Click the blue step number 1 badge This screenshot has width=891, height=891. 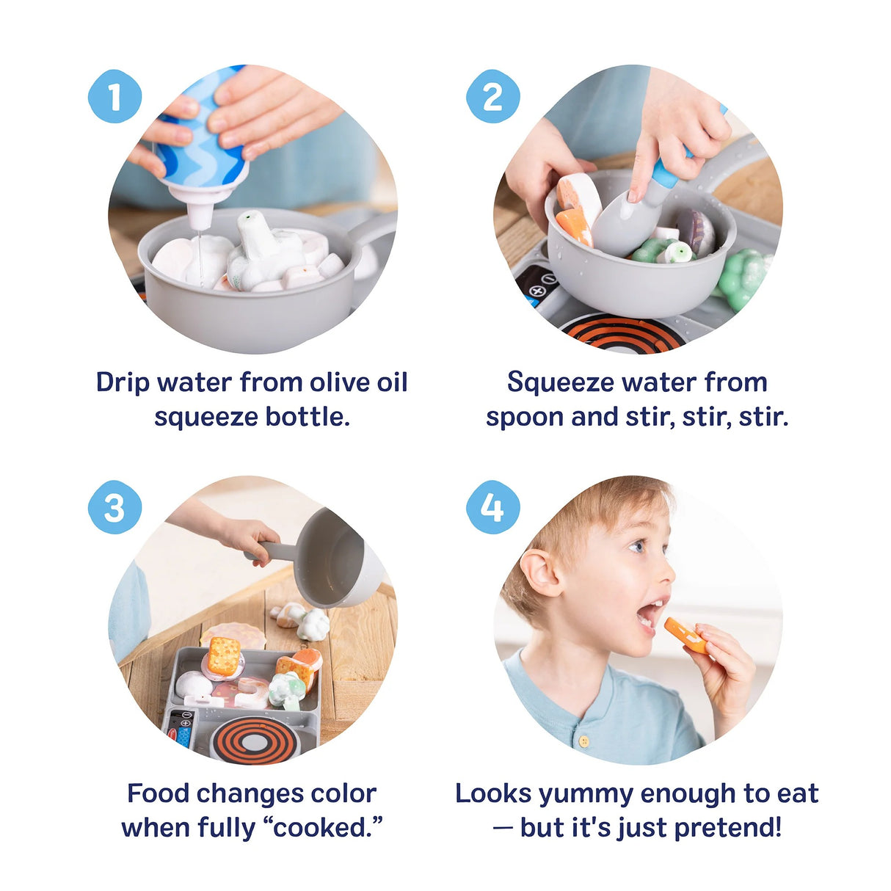point(114,96)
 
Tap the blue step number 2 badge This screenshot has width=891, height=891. point(492,96)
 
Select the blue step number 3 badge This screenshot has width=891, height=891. point(114,507)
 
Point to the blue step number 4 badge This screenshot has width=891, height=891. point(492,507)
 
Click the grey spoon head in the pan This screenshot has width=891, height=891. point(620,224)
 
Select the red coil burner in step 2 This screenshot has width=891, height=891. point(623,334)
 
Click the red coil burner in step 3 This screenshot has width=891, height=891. point(255,739)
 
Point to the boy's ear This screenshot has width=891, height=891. point(542,572)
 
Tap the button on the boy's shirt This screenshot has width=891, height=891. point(584,741)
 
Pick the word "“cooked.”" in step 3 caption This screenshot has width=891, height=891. point(327,827)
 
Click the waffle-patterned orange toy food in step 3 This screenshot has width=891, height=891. point(223,655)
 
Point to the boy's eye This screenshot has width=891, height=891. point(638,545)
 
